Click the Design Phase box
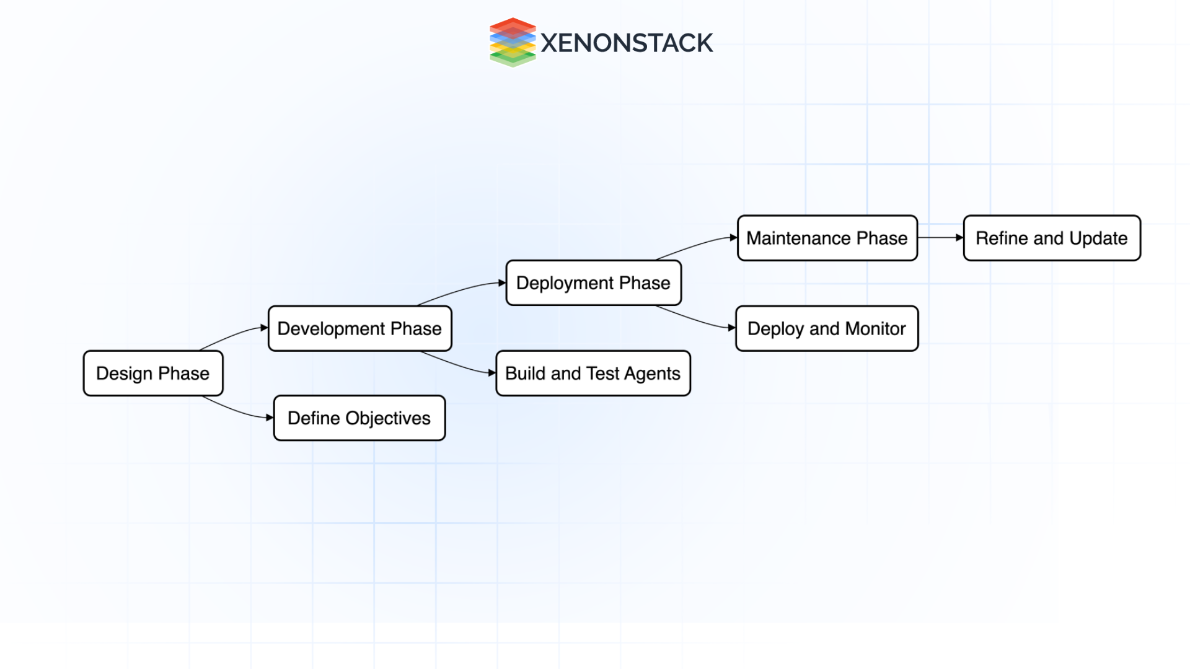[153, 374]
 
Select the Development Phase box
[359, 328]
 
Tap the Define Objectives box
[359, 418]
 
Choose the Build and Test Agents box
[593, 374]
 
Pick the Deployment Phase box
[593, 283]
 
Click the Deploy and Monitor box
[827, 328]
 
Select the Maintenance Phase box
[827, 238]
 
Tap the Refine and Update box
[1052, 238]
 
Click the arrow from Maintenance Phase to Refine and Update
[940, 237]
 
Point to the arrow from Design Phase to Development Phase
[233, 336]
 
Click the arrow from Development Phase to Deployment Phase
[462, 291]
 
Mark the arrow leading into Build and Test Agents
[459, 365]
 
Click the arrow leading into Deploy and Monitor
[695, 320]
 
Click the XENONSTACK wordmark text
[627, 43]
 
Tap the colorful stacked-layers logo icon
[513, 42]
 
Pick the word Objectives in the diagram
[388, 419]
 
